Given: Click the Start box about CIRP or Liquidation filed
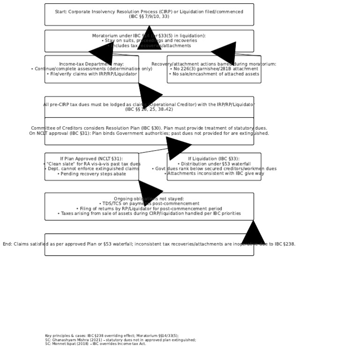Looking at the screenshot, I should [x=149, y=14].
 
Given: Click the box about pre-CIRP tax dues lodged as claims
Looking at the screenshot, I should [x=94, y=107].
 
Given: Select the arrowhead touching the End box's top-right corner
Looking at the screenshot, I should [x=253, y=233].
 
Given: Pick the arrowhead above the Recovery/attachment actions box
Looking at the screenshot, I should [x=225, y=53].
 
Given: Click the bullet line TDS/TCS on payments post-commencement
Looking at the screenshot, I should [x=149, y=204].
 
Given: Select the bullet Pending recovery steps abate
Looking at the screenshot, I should [x=91, y=174].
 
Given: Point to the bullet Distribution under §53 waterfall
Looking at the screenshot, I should [x=214, y=164].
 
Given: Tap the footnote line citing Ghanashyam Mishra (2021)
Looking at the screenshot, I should [x=120, y=340].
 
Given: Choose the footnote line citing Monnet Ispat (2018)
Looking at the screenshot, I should [x=96, y=344].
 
